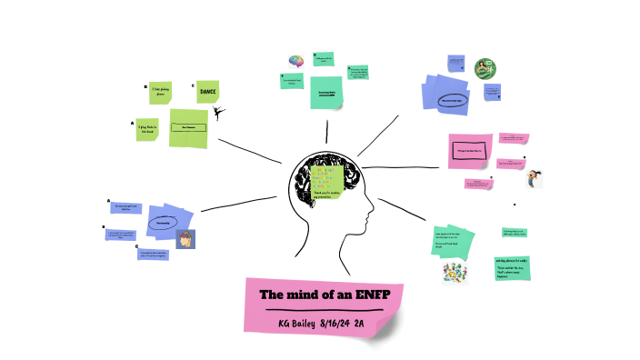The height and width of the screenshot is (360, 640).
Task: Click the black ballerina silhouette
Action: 218,113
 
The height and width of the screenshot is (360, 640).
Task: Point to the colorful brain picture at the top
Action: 295,61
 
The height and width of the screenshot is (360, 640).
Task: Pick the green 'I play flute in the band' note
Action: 148,129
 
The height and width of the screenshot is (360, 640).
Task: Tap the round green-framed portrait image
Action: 485,68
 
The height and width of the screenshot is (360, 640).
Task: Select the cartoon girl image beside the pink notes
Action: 535,178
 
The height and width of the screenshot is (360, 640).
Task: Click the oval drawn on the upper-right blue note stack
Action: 452,98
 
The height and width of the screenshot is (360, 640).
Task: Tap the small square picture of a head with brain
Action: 185,239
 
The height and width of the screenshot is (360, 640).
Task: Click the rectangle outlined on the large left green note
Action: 189,128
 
